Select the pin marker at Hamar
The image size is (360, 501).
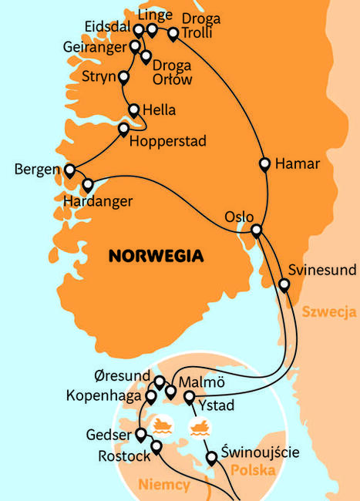(264, 164)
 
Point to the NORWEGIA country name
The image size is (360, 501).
(157, 254)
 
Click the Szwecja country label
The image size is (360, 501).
(328, 312)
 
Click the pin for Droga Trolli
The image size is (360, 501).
(173, 34)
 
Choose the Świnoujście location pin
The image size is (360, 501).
(212, 459)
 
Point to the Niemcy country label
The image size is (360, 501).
(166, 485)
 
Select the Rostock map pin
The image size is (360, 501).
(156, 447)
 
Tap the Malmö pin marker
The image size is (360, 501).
(171, 392)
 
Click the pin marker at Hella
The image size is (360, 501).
(135, 110)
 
